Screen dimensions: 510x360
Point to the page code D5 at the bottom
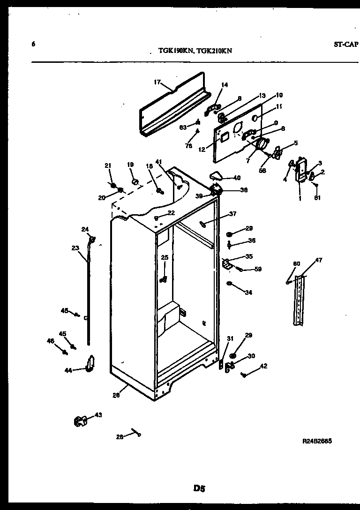[x=200, y=488]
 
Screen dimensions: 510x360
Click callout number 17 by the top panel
[x=157, y=82]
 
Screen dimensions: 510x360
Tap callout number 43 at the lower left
[x=98, y=415]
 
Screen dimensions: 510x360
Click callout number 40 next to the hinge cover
[x=237, y=178]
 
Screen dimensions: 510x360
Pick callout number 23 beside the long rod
[x=75, y=248]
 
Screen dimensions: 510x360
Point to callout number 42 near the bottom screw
[x=263, y=366]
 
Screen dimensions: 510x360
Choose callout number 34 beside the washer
[x=248, y=292]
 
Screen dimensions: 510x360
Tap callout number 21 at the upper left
[x=108, y=165]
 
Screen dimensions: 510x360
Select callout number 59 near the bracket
[x=257, y=270]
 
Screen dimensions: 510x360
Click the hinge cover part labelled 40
[x=215, y=176]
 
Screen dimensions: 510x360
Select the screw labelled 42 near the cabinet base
[x=244, y=375]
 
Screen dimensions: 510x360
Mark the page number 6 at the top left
[x=33, y=44]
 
